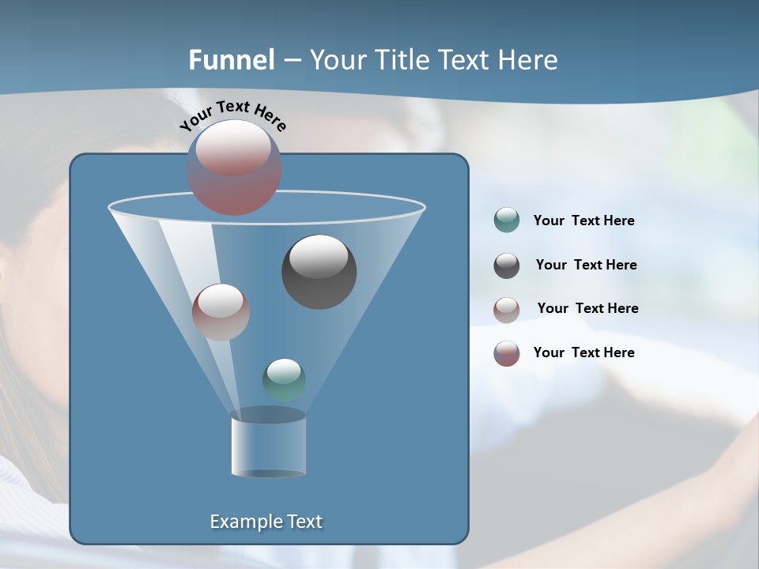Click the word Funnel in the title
(232, 60)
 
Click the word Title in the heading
(404, 60)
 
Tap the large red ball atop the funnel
(234, 168)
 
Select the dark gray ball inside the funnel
(319, 272)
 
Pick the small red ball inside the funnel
(221, 312)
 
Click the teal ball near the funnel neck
(284, 380)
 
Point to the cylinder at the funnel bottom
(268, 444)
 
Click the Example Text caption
(266, 522)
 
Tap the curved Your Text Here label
(233, 115)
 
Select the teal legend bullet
(507, 220)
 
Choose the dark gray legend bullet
(507, 266)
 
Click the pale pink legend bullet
(507, 309)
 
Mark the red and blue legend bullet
(507, 353)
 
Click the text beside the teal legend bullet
(583, 221)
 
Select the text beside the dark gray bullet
(586, 266)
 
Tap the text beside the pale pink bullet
(587, 309)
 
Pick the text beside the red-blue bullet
(583, 353)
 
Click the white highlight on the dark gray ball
(319, 257)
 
